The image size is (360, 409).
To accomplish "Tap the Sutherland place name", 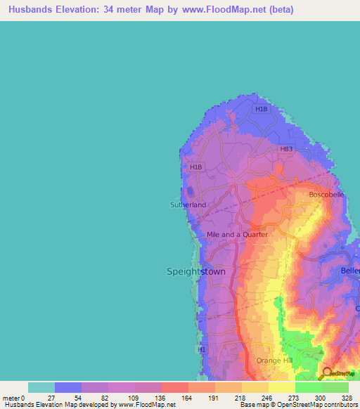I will [x=188, y=204].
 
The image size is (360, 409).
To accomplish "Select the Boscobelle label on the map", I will [x=326, y=195].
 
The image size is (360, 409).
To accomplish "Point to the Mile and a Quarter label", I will [x=237, y=235].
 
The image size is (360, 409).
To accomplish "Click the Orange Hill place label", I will [x=273, y=361].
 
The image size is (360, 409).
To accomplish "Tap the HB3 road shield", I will [x=285, y=149].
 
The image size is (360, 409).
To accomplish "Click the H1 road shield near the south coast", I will [x=202, y=349].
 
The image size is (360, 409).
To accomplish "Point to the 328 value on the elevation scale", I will [x=348, y=397].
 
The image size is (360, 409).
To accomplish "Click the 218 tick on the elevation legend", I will [x=241, y=397].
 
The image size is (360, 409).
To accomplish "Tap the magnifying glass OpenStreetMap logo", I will [x=326, y=374].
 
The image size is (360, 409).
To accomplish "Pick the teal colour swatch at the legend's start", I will [x=41, y=387].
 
